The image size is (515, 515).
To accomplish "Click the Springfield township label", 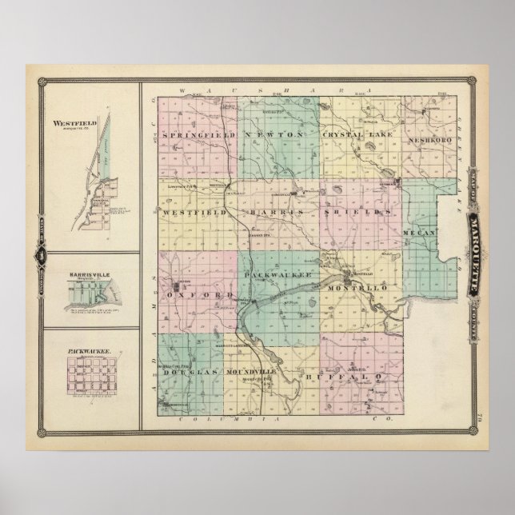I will tap(198, 136).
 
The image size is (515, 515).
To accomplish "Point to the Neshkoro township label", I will tap(409, 137).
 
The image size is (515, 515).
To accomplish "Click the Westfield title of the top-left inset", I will tap(74, 124).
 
